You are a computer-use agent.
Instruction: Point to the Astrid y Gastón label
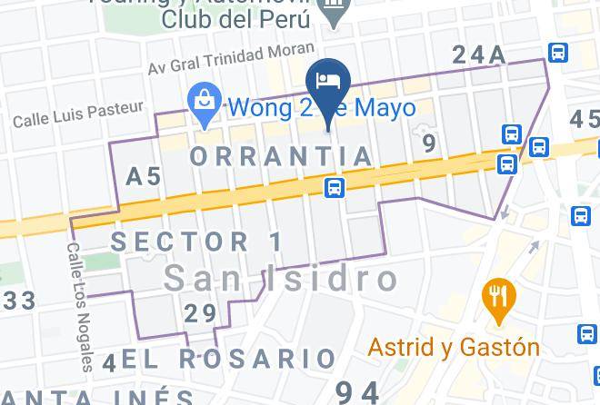pyautogui.click(x=454, y=347)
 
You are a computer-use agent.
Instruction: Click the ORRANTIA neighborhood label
pyautogui.click(x=282, y=156)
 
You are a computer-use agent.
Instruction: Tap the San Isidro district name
pyautogui.click(x=281, y=279)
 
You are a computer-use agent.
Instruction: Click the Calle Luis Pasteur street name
pyautogui.click(x=78, y=114)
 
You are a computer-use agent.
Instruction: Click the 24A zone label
pyautogui.click(x=478, y=55)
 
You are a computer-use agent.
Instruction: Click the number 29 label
pyautogui.click(x=200, y=314)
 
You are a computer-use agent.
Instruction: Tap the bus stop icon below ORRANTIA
pyautogui.click(x=335, y=187)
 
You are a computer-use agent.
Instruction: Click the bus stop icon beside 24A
pyautogui.click(x=557, y=53)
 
